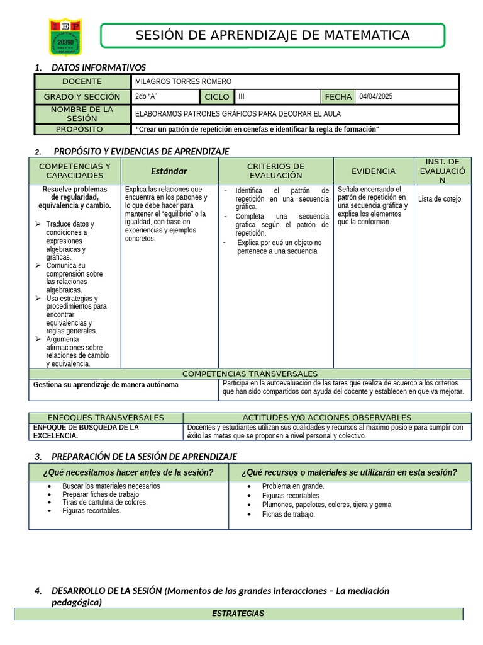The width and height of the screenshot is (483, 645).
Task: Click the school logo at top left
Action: [x=65, y=37]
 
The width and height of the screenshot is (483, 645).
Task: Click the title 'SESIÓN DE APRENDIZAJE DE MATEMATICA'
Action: [x=272, y=35]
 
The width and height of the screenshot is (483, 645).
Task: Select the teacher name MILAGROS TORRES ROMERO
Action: [x=184, y=81]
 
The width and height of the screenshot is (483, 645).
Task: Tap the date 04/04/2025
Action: [x=376, y=96]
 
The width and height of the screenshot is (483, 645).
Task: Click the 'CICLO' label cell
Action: [x=217, y=97]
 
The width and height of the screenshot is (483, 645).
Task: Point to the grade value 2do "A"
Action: [x=146, y=96]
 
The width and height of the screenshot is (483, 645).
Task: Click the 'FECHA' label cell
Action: [x=338, y=97]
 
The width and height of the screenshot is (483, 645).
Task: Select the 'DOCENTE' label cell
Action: [x=82, y=81]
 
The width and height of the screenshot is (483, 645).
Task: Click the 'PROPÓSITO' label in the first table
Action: [x=79, y=129]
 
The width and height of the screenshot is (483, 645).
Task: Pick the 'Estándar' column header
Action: [x=169, y=171]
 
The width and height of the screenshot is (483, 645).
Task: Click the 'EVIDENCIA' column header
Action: [x=374, y=171]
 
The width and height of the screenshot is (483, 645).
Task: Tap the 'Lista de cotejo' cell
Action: [x=440, y=199]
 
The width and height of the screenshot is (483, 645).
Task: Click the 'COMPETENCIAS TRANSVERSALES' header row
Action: [x=250, y=374]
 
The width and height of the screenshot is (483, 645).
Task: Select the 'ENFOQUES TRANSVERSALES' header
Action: [x=106, y=418]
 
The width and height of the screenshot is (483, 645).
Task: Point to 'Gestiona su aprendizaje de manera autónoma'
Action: [x=106, y=384]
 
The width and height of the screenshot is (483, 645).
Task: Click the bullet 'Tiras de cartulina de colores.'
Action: [x=104, y=502]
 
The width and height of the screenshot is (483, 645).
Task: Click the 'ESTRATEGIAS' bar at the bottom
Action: [x=238, y=614]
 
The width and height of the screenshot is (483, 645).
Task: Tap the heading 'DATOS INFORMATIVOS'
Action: [x=98, y=67]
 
